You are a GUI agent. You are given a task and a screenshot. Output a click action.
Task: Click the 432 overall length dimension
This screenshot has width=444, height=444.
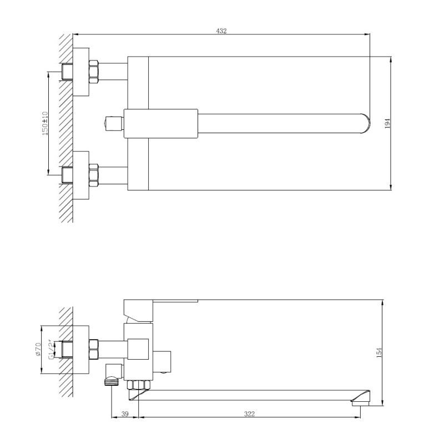point(221,31)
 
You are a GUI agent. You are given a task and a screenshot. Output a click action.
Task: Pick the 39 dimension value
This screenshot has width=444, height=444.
point(124,414)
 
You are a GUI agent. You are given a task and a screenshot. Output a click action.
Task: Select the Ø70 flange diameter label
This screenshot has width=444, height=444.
point(38,349)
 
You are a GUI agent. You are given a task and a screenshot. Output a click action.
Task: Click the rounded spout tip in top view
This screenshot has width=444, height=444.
point(365,123)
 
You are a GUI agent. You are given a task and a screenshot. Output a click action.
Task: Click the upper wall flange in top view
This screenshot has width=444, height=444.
point(81,72)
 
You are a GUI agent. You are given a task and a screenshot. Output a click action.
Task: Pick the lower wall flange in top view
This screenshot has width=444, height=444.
point(81,174)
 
